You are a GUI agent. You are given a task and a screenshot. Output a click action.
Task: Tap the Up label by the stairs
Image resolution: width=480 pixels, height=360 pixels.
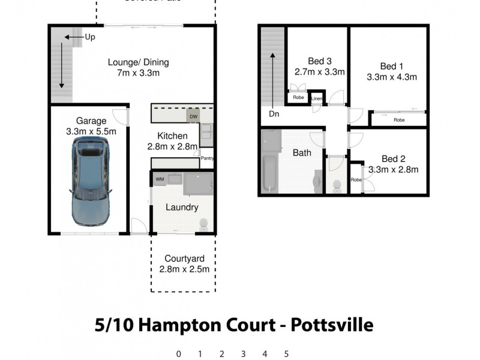click(x=90, y=37)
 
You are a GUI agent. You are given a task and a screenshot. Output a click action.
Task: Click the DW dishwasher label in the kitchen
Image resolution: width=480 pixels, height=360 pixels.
click(x=193, y=116)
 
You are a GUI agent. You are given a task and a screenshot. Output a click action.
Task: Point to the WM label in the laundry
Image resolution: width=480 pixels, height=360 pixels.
click(x=160, y=179)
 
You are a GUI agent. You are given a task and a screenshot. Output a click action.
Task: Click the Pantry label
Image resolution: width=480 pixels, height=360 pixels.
click(x=207, y=159)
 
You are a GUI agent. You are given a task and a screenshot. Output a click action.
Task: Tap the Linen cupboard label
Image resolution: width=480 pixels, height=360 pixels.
click(x=317, y=98)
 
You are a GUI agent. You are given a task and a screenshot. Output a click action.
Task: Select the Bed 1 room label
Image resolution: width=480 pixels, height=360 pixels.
click(x=392, y=66)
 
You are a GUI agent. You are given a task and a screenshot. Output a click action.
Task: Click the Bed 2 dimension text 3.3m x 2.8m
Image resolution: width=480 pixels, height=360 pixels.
click(x=393, y=169)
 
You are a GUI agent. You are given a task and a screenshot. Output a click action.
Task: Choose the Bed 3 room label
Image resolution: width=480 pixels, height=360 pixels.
click(x=320, y=61)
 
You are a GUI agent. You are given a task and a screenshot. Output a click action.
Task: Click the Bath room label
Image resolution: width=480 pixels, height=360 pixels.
click(x=302, y=153)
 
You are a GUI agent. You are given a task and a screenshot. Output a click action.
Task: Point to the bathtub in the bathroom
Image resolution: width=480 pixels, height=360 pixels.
click(x=268, y=174)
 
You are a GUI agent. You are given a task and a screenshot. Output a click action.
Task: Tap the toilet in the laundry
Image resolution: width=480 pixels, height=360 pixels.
click(x=204, y=224)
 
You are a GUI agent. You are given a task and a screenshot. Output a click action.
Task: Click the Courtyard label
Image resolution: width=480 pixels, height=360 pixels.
click(x=184, y=259)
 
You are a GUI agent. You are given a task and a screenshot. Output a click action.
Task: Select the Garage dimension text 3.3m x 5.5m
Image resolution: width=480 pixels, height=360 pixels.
click(x=92, y=131)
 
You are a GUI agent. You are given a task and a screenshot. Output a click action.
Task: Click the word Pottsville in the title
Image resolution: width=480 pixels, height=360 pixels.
click(x=332, y=325)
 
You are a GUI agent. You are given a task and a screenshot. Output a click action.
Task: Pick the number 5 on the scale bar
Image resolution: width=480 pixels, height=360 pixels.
click(x=287, y=354)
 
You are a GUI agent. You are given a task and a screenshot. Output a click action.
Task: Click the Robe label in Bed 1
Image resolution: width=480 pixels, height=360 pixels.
click(x=399, y=120)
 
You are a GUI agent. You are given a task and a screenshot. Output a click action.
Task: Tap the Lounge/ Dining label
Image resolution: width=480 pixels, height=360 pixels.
click(x=139, y=62)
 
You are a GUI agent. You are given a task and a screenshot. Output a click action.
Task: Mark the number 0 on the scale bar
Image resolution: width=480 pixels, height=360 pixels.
click(x=178, y=354)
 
